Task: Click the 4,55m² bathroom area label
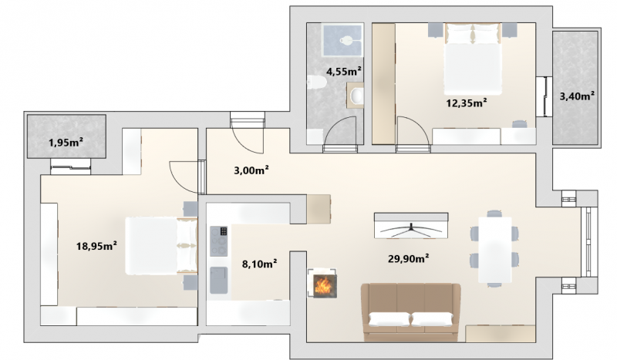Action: pos(344,72)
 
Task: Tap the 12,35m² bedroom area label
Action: pos(467,103)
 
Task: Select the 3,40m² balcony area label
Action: pos(577,96)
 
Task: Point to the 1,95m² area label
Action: pos(66,142)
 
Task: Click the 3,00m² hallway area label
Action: pos(251,170)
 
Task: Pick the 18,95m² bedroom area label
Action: pos(96,246)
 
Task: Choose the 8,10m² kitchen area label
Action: pos(259,263)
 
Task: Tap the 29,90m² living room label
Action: pos(409,258)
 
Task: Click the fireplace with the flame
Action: pos(322,283)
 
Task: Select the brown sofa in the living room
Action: pos(411,312)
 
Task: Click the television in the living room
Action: pos(411,225)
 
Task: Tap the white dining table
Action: pos(494,250)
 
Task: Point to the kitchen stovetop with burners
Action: pos(219,241)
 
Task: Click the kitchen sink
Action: pos(219,280)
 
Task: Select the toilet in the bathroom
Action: pos(316,82)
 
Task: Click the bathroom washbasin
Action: pos(356,95)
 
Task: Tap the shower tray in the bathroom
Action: pos(342,39)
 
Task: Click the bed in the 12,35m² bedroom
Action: pos(474,59)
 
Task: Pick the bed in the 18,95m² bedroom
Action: pos(161,245)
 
